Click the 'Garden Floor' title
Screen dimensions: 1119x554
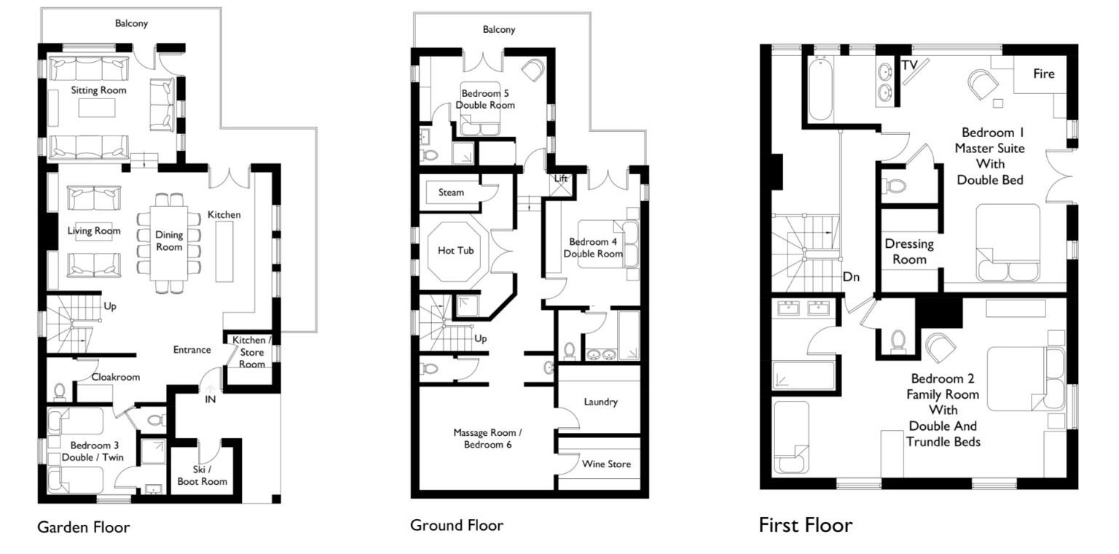coord(84,527)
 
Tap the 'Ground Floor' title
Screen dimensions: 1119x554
coord(457,525)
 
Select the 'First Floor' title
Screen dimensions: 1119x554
coord(806,525)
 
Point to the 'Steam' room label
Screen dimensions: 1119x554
coord(451,192)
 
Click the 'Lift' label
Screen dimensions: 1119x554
coord(560,179)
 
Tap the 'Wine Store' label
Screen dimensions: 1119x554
coord(606,464)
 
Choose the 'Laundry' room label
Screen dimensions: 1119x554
coord(600,402)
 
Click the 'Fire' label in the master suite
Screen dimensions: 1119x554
coord(1043,74)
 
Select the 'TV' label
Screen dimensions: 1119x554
coord(910,65)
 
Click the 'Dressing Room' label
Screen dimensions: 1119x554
coord(909,251)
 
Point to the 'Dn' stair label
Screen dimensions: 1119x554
coord(851,277)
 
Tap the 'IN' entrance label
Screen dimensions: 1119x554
coord(211,399)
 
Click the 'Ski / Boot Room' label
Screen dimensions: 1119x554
coord(203,475)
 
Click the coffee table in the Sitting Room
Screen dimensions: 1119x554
coord(97,108)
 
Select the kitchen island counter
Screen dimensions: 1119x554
coord(224,251)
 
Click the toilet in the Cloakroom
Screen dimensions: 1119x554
coord(60,392)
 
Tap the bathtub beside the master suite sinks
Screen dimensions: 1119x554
coord(820,89)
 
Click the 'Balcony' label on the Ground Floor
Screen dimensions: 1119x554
coord(499,29)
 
